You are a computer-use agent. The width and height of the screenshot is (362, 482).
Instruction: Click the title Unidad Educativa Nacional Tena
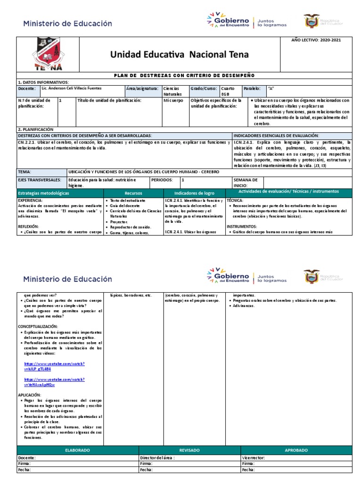coord(179,55)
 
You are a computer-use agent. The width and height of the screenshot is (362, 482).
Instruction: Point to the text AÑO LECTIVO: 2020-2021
coord(316,40)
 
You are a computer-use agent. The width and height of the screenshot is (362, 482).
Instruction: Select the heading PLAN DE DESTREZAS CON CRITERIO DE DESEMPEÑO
coord(184,75)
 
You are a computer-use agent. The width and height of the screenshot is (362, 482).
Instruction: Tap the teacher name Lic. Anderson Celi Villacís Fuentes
coord(71,88)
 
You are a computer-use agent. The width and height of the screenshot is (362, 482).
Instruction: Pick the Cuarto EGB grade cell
coord(228,91)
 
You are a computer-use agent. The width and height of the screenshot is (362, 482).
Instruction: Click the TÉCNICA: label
coord(235,200)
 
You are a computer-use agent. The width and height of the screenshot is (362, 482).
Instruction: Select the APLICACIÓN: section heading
coord(30,395)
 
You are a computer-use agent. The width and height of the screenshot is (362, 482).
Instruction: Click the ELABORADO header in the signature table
coord(77,450)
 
